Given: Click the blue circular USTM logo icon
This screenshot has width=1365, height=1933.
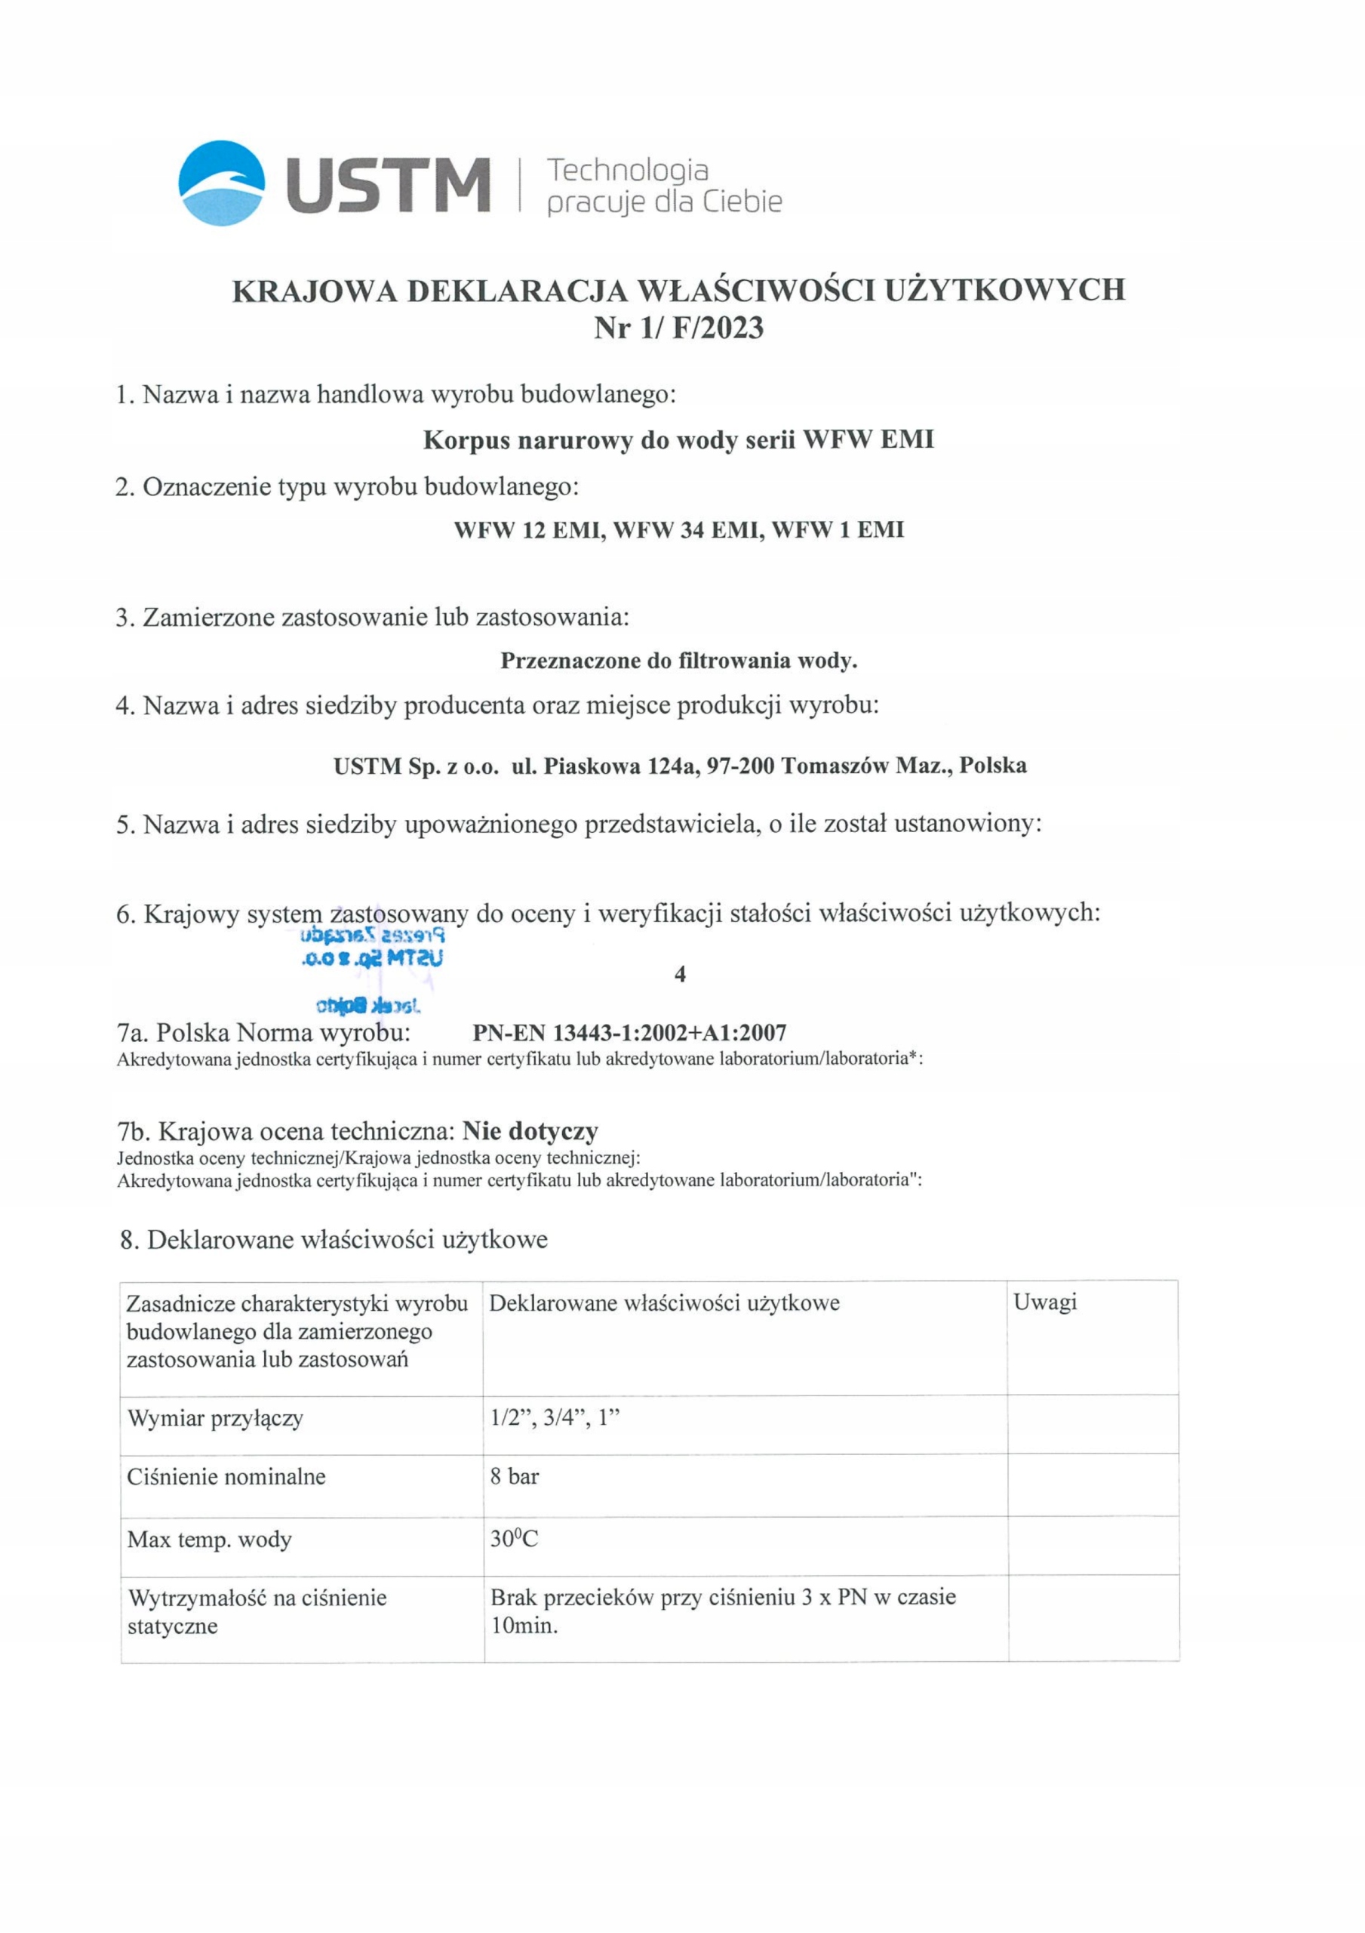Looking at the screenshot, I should pos(222,183).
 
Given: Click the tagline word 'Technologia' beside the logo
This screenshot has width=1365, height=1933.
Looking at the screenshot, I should pos(627,170).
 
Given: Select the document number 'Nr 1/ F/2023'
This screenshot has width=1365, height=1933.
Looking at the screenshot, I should pos(678,328).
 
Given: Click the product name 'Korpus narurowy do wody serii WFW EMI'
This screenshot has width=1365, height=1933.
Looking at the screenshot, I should pos(678,440).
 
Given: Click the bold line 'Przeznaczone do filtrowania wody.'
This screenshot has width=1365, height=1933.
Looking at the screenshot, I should pos(678,661).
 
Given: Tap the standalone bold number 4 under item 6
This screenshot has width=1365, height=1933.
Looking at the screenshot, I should pos(680,974).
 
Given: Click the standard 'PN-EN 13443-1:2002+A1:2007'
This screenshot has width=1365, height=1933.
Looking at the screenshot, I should pos(629,1032).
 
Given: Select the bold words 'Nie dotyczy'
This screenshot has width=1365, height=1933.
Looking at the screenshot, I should pos(530,1130).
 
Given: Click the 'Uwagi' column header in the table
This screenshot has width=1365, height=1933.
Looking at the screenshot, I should pos(1045,1303).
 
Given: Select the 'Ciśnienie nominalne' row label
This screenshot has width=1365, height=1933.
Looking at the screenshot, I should pos(226,1476).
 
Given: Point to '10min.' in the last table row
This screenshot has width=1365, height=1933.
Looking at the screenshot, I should pos(524,1625).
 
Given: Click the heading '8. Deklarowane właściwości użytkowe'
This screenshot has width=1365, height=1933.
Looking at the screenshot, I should pos(334,1240).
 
